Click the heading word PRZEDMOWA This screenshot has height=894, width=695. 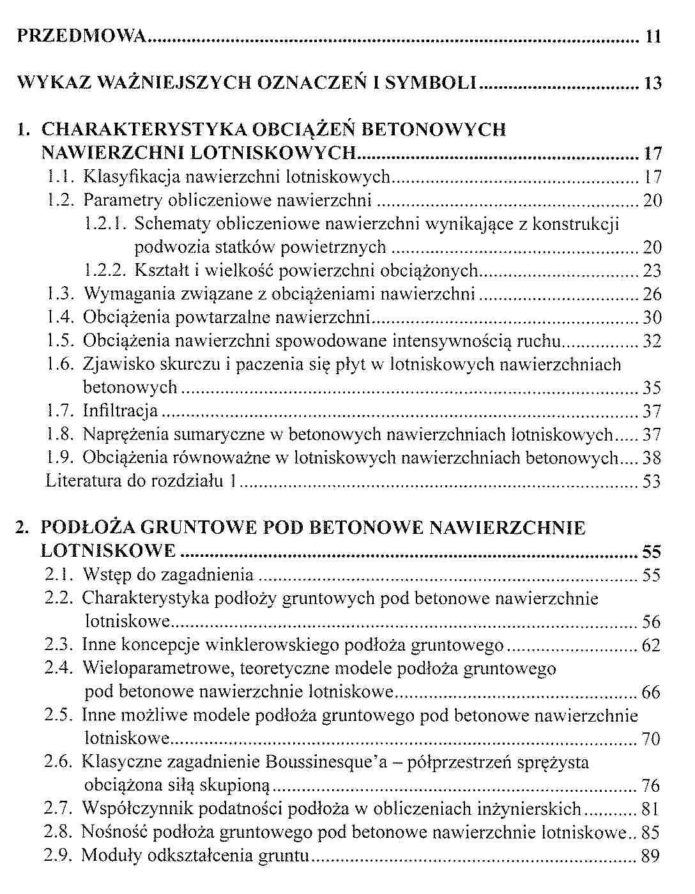pyautogui.click(x=82, y=36)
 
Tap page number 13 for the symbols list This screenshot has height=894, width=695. pyautogui.click(x=652, y=83)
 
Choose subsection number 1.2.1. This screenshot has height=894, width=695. pyautogui.click(x=106, y=224)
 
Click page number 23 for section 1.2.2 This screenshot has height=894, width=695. pyautogui.click(x=652, y=271)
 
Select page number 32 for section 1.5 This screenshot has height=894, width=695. pyautogui.click(x=652, y=341)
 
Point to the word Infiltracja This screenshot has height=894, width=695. pyautogui.click(x=121, y=411)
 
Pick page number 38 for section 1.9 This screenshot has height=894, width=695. pyautogui.click(x=652, y=458)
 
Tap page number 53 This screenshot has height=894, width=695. pyautogui.click(x=652, y=481)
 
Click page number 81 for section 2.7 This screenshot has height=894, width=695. pyautogui.click(x=651, y=809)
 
